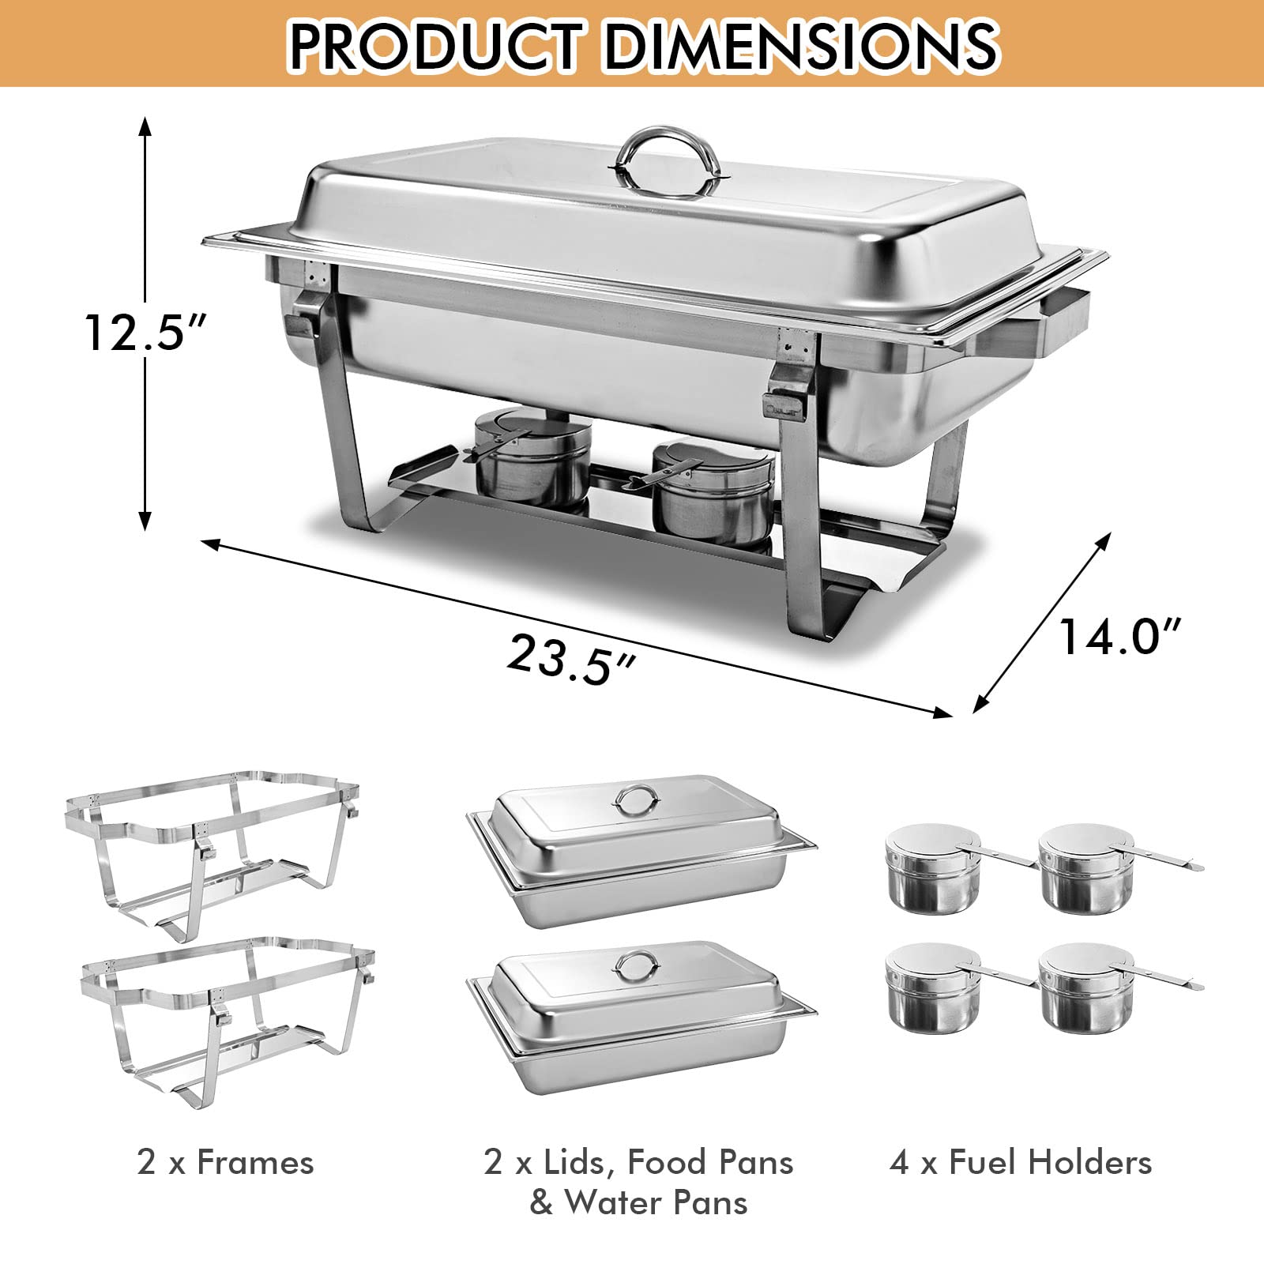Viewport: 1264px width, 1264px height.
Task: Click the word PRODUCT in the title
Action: (x=437, y=44)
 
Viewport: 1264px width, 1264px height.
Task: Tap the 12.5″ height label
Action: (x=146, y=333)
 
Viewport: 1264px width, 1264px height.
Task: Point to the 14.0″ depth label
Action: (x=1119, y=637)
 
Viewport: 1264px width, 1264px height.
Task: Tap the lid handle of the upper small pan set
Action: (x=635, y=801)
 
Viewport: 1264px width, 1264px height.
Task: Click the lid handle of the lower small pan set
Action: (x=635, y=966)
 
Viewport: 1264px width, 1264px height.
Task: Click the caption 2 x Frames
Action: (x=225, y=1162)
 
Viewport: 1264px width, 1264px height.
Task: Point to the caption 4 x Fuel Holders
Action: (x=1020, y=1162)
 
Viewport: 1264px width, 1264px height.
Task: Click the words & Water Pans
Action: (x=638, y=1203)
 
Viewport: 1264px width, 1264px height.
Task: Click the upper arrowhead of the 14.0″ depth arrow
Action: (x=1106, y=540)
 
